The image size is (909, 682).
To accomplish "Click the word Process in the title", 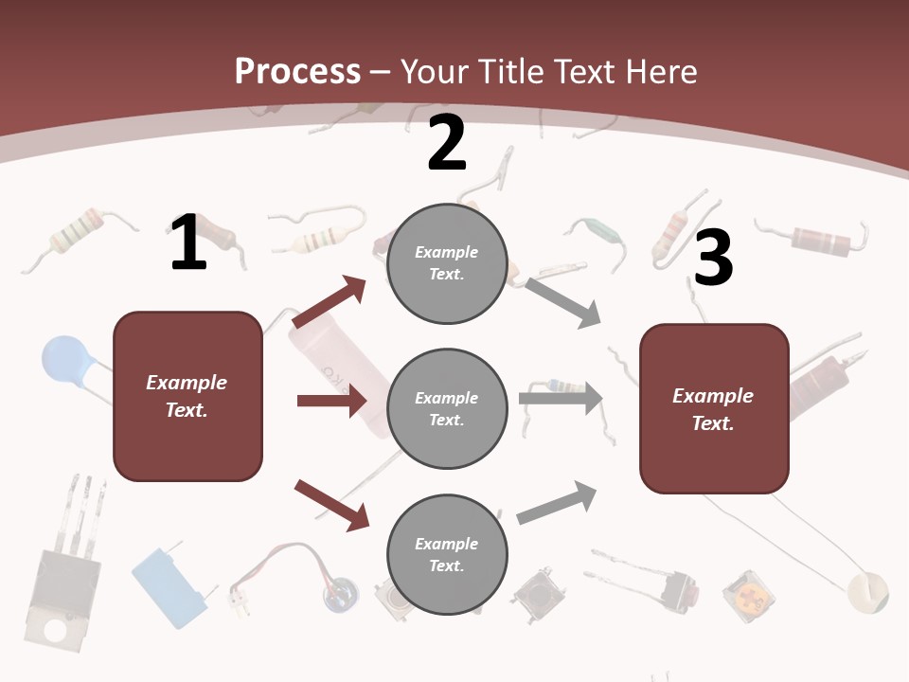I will [297, 71].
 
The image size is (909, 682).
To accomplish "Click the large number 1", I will [188, 243].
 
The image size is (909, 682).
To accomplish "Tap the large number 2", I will [447, 143].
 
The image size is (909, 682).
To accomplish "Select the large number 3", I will [713, 259].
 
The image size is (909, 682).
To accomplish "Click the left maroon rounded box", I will [187, 396].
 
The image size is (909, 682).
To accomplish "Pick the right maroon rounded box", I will [714, 408].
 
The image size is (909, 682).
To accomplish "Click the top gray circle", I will [447, 263].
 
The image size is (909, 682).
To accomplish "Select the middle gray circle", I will [447, 409].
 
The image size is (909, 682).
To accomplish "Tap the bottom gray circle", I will [447, 555].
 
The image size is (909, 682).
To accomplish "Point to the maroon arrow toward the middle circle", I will [330, 401].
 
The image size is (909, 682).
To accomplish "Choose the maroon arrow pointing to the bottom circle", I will [331, 504].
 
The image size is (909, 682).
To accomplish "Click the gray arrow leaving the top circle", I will [562, 302].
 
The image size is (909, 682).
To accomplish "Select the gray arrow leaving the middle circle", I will [560, 398].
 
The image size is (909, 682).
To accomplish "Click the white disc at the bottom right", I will [867, 592].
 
